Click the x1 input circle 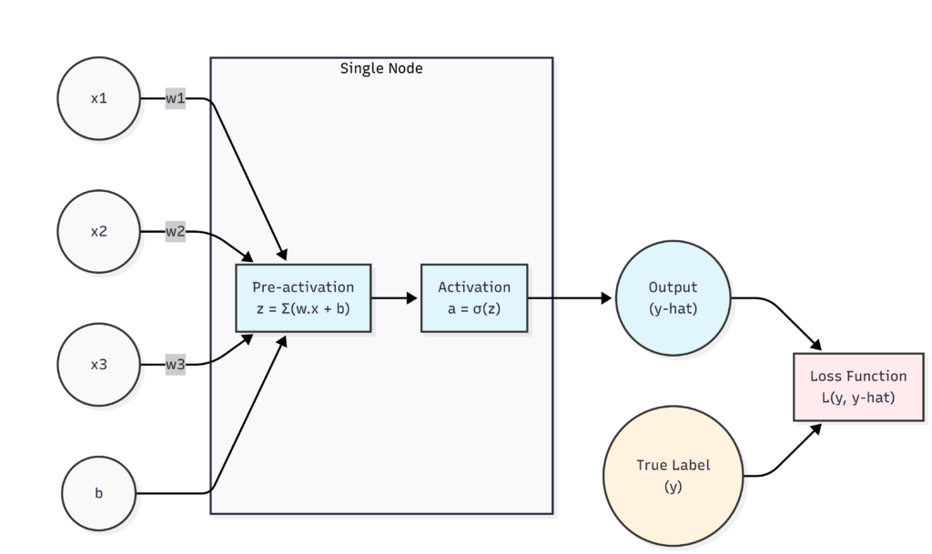click(98, 98)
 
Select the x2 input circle click(98, 231)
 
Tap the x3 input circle click(98, 364)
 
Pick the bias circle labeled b click(98, 494)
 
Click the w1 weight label click(175, 98)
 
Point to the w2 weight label click(175, 231)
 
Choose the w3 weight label click(175, 364)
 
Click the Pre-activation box click(303, 297)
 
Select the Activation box click(473, 297)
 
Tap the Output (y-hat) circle click(673, 297)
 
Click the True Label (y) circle click(673, 475)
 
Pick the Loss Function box click(858, 386)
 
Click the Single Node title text click(381, 68)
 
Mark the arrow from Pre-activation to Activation click(395, 297)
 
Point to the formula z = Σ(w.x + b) click(303, 308)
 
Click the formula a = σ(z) click(473, 308)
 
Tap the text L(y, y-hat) click(858, 397)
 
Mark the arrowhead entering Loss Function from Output click(815, 346)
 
